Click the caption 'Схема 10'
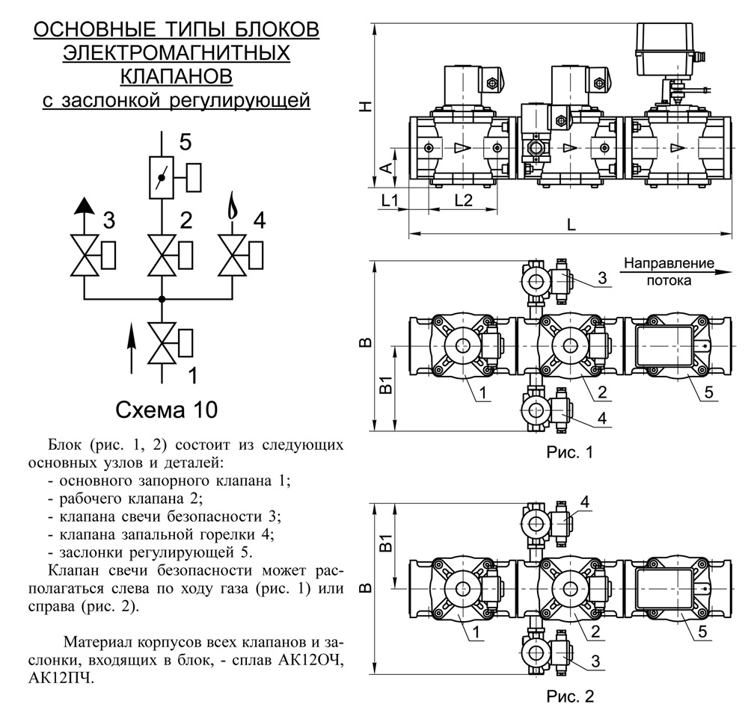[167, 410]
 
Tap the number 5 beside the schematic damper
[185, 142]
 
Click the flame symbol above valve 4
[232, 206]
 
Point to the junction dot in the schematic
[162, 299]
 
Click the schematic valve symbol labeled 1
[162, 343]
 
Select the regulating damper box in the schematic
[162, 178]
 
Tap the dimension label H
[366, 106]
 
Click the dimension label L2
[463, 200]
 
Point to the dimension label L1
[390, 200]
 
